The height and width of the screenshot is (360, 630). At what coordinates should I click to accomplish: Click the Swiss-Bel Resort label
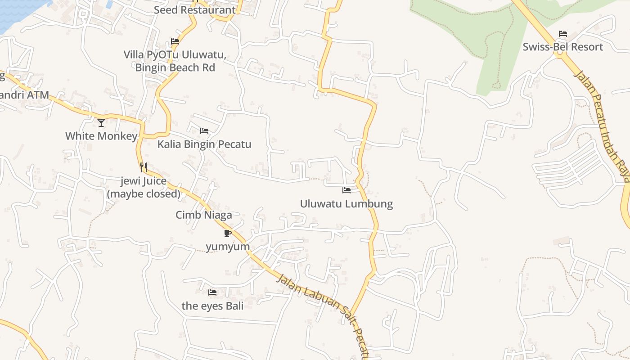click(562, 47)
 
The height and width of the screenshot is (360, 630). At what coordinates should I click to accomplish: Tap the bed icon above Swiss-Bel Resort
click(562, 34)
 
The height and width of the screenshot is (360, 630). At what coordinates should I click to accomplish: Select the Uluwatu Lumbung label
click(346, 204)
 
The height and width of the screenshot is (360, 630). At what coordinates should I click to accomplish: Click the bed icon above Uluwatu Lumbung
click(346, 190)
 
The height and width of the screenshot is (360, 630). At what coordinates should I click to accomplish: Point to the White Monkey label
click(101, 136)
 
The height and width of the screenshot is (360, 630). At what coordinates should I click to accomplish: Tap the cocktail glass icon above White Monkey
click(101, 122)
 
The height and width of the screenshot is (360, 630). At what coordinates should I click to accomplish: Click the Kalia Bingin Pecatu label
click(204, 144)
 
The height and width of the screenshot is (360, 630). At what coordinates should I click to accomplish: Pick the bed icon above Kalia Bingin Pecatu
click(204, 131)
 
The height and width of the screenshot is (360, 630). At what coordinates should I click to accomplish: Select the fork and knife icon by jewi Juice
click(143, 167)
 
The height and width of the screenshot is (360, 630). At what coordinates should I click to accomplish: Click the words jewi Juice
click(144, 181)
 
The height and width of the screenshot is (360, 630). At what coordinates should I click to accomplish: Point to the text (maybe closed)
click(144, 194)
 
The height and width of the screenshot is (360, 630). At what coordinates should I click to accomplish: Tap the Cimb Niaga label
click(204, 215)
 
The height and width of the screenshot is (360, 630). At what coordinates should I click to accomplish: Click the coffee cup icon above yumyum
click(227, 233)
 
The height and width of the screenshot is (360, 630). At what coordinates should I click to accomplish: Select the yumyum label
click(228, 247)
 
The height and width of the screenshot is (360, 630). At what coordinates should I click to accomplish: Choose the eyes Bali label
click(212, 306)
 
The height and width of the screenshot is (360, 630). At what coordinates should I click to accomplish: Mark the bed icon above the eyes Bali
click(212, 292)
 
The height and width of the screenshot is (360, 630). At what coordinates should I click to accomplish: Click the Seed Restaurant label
click(194, 10)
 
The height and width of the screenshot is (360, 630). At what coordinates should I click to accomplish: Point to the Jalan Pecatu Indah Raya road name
click(603, 126)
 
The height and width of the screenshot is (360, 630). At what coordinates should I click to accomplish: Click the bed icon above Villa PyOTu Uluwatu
click(175, 41)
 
